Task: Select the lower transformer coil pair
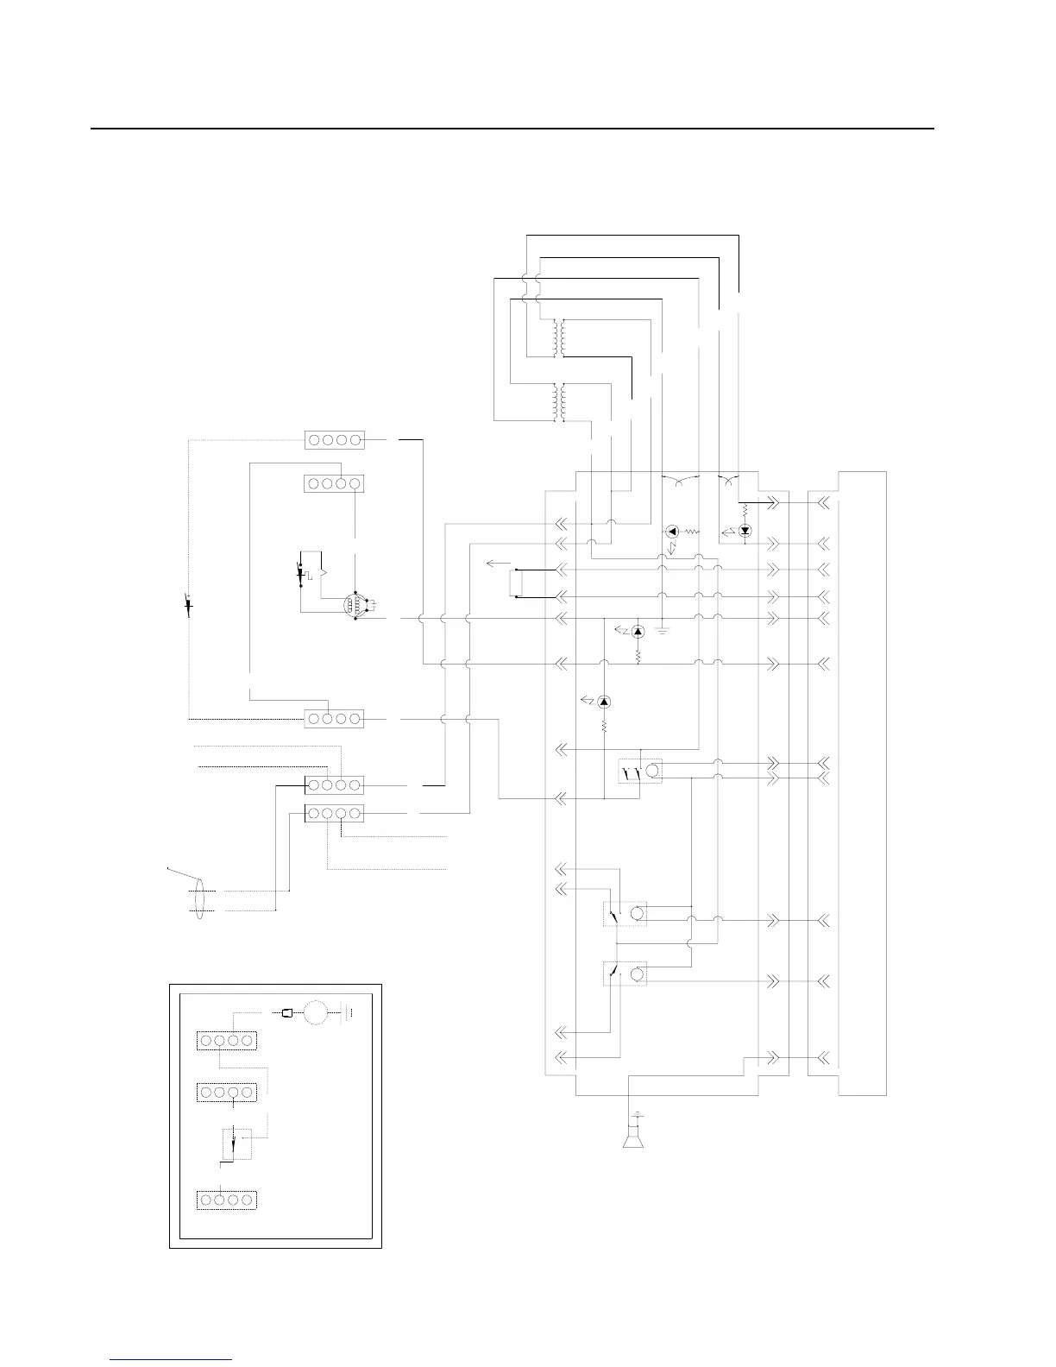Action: (x=558, y=403)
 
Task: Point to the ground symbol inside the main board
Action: (x=662, y=630)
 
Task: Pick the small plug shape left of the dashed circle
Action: (x=289, y=1013)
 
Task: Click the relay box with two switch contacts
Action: (x=639, y=771)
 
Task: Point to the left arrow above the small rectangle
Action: (x=497, y=563)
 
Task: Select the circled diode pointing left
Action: (x=674, y=532)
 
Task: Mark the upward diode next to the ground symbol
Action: (x=638, y=632)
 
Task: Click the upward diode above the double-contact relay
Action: (x=604, y=702)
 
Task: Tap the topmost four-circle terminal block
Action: (x=335, y=439)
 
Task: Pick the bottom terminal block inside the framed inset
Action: (x=227, y=1200)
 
